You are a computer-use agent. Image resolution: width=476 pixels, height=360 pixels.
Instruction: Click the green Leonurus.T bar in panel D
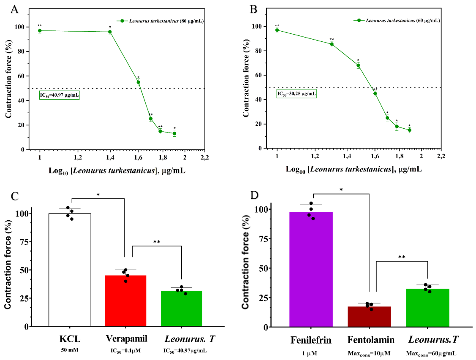coord(427,308)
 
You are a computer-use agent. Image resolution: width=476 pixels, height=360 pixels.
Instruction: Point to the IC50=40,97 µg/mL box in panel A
coord(59,95)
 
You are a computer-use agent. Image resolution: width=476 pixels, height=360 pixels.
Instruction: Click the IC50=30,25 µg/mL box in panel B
coord(296,94)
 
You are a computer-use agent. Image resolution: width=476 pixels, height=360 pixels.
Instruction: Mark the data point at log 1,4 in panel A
coord(110,32)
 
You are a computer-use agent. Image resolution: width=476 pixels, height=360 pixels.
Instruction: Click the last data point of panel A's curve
coord(174,133)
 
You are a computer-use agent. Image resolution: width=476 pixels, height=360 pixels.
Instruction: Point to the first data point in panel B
coord(277,30)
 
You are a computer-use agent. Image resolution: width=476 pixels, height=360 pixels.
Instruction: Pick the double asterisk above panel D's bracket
coord(401,257)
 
